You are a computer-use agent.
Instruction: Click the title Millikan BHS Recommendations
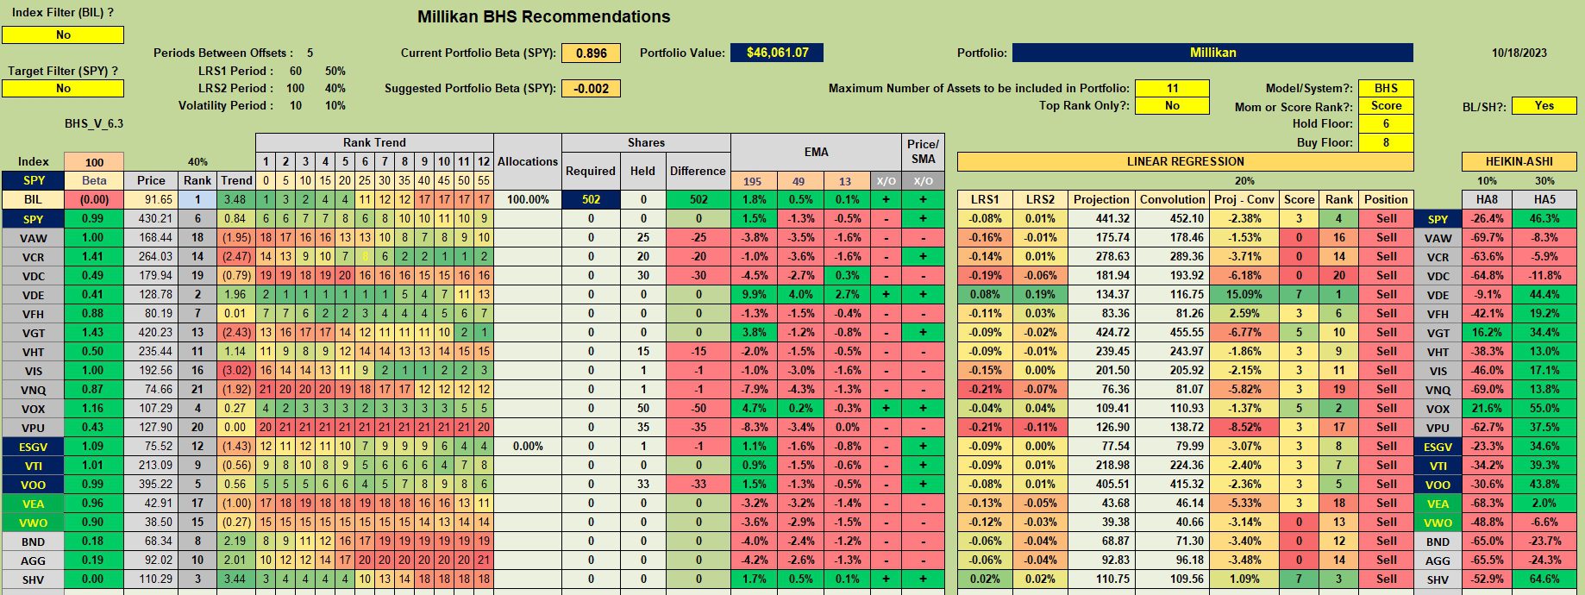tap(543, 16)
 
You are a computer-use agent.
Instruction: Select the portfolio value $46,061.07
tap(777, 53)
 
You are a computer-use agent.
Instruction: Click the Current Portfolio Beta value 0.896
tap(591, 53)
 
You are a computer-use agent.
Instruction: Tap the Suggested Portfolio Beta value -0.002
tap(591, 88)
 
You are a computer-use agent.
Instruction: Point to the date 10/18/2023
tap(1519, 53)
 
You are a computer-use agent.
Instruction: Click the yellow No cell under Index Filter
tap(63, 34)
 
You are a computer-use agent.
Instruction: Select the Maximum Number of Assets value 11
tap(1172, 88)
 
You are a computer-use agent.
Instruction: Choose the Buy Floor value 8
tap(1386, 142)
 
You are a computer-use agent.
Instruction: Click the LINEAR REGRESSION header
tap(1185, 161)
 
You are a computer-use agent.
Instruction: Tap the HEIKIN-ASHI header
tap(1519, 161)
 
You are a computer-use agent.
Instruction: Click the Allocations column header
tap(528, 161)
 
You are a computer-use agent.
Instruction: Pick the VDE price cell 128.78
tap(151, 294)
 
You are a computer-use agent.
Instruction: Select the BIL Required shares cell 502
tap(591, 199)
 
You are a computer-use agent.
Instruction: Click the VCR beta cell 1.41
tap(94, 256)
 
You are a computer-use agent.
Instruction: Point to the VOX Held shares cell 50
tap(642, 408)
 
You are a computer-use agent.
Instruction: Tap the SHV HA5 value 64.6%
tap(1544, 579)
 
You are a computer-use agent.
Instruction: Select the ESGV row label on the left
tap(33, 447)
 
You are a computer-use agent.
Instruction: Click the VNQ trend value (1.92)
tap(236, 389)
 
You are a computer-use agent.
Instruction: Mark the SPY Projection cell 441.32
tap(1101, 218)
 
